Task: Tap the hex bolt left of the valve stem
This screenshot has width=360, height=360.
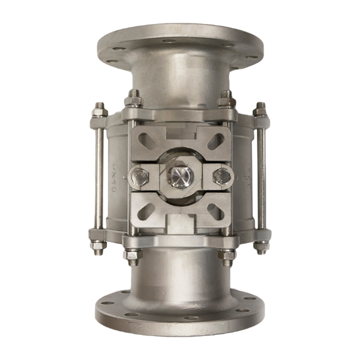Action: pyautogui.click(x=139, y=178)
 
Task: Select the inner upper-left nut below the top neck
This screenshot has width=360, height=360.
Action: pyautogui.click(x=133, y=97)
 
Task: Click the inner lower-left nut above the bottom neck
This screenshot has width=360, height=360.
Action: pyautogui.click(x=133, y=254)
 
